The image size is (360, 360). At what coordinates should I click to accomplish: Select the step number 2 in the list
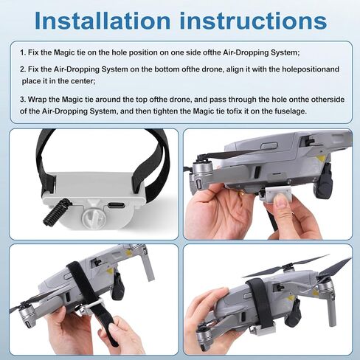pyautogui.click(x=23, y=69)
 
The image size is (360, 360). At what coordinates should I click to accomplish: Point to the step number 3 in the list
pyautogui.click(x=23, y=98)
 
